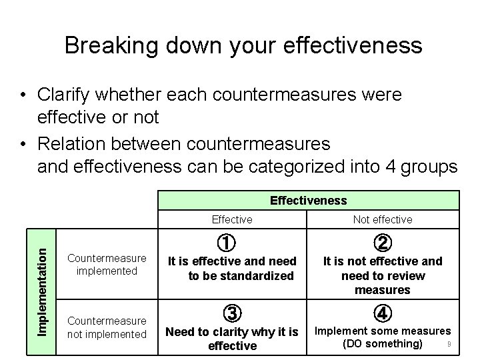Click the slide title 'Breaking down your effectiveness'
(243, 45)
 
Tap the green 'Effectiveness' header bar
(308, 200)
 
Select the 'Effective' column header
(231, 219)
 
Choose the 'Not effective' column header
(382, 219)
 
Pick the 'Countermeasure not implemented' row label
(107, 327)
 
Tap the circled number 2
(383, 243)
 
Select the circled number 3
(231, 313)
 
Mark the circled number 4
(383, 313)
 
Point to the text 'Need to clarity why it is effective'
(231, 338)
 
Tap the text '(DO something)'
(382, 343)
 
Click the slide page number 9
(450, 344)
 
